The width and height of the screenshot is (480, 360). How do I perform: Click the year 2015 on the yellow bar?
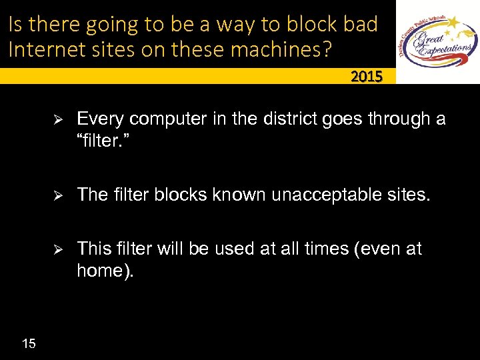367,77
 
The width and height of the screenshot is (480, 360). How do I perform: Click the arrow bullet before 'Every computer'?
58,120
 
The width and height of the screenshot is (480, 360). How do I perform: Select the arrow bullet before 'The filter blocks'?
58,195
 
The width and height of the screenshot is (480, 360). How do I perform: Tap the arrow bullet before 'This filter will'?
58,250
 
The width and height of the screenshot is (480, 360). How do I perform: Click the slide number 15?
29,343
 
